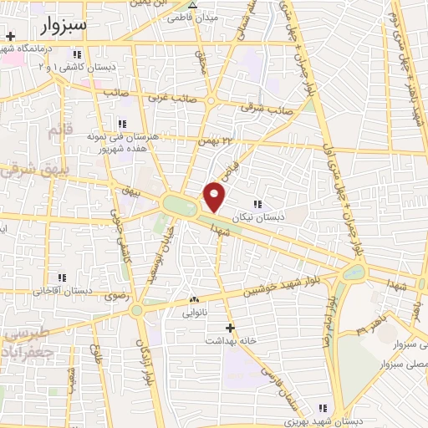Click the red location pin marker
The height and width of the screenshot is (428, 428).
pyautogui.click(x=216, y=196)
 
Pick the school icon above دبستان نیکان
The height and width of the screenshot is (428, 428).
pyautogui.click(x=257, y=203)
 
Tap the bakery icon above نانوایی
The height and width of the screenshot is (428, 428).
pyautogui.click(x=194, y=299)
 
